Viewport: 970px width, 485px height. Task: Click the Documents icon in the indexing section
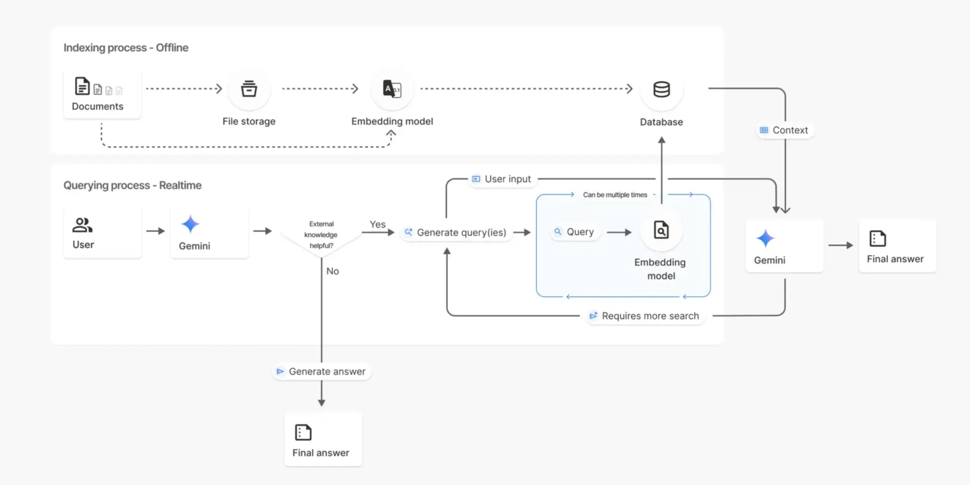(83, 86)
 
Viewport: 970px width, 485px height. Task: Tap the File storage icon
(249, 89)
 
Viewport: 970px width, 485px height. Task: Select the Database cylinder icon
(661, 90)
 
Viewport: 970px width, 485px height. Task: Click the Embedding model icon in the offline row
(392, 89)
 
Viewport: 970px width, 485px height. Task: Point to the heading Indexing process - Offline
(126, 48)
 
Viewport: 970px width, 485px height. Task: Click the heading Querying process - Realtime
(132, 185)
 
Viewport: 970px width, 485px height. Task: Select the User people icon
(82, 225)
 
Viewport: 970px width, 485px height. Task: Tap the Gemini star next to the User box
(190, 224)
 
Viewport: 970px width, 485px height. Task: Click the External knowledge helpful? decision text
(321, 235)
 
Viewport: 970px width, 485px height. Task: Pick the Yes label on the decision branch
(377, 224)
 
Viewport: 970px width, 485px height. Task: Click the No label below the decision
(332, 271)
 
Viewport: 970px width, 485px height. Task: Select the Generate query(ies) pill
(455, 233)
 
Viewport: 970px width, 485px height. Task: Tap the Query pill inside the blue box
(574, 232)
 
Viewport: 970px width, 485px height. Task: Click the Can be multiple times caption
(615, 195)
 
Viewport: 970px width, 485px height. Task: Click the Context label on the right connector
(785, 130)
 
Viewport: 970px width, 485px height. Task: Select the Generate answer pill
(321, 372)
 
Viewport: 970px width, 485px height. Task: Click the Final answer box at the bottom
(322, 439)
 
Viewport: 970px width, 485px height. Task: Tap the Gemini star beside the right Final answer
(765, 238)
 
